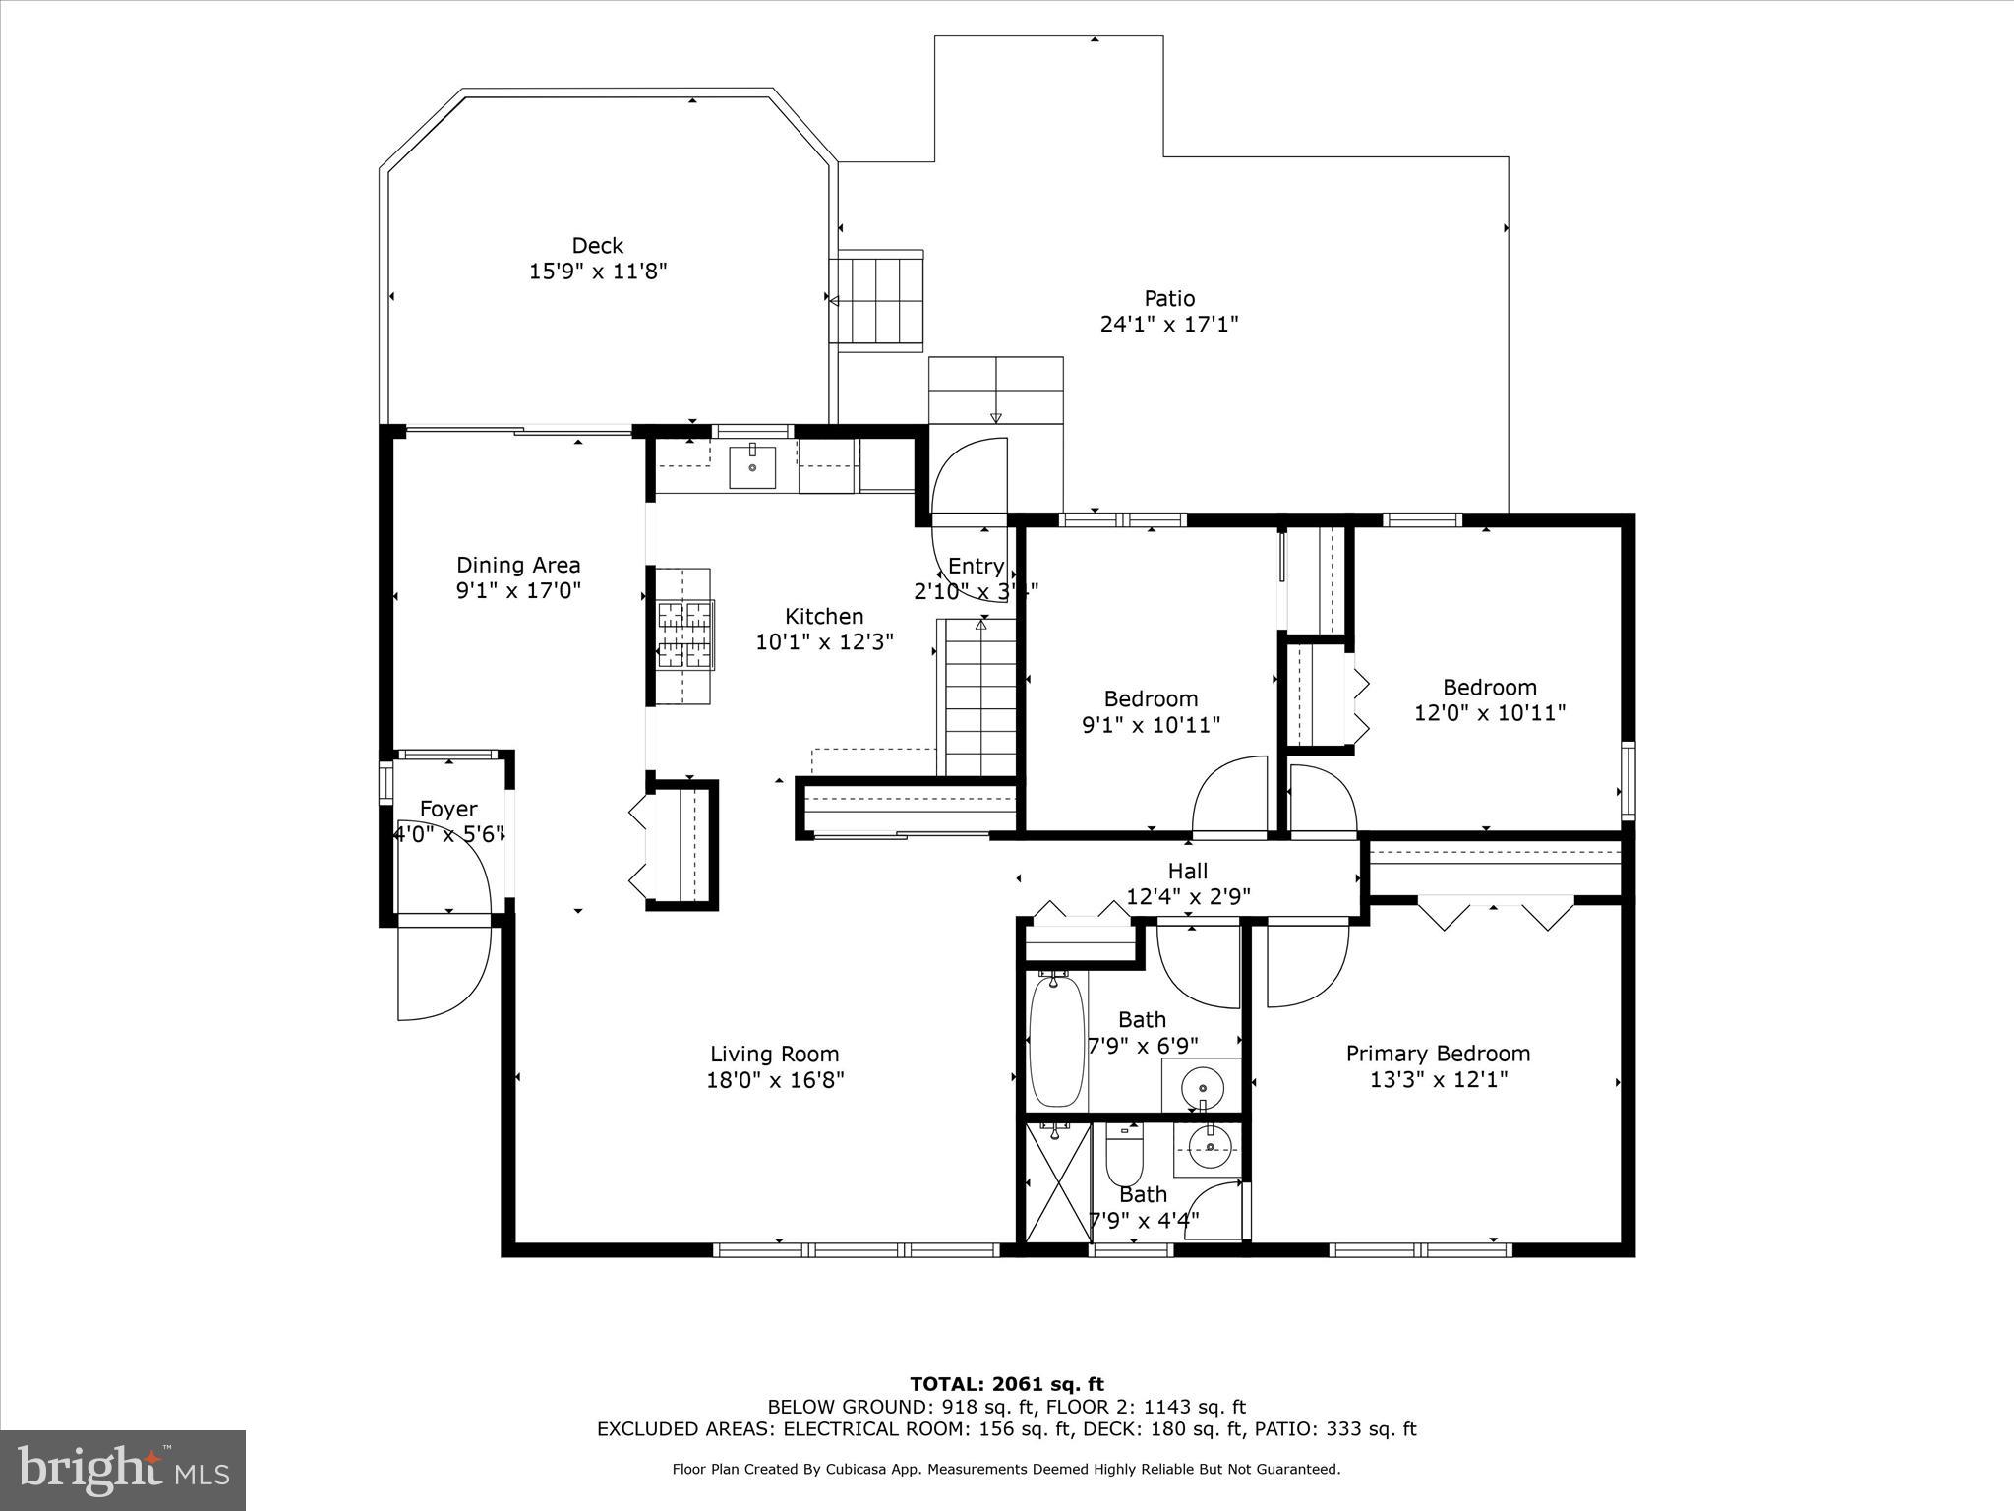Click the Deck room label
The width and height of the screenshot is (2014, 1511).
(598, 245)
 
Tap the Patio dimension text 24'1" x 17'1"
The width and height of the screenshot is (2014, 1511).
(1169, 324)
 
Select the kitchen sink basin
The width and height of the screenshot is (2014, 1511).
(752, 467)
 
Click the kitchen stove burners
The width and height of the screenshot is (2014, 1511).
(685, 635)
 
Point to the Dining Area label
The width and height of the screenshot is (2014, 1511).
(518, 565)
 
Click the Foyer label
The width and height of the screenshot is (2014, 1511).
(448, 809)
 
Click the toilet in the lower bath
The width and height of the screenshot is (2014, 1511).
(1124, 1158)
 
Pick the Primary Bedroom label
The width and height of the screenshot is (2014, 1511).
(1438, 1054)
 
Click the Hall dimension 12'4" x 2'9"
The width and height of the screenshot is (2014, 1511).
(1188, 896)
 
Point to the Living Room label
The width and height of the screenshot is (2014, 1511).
(775, 1055)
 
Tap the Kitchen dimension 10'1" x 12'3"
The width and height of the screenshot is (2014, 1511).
(824, 642)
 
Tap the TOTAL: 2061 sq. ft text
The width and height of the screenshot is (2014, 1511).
(1007, 1385)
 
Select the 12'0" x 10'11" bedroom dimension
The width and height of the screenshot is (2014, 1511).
(1490, 712)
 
